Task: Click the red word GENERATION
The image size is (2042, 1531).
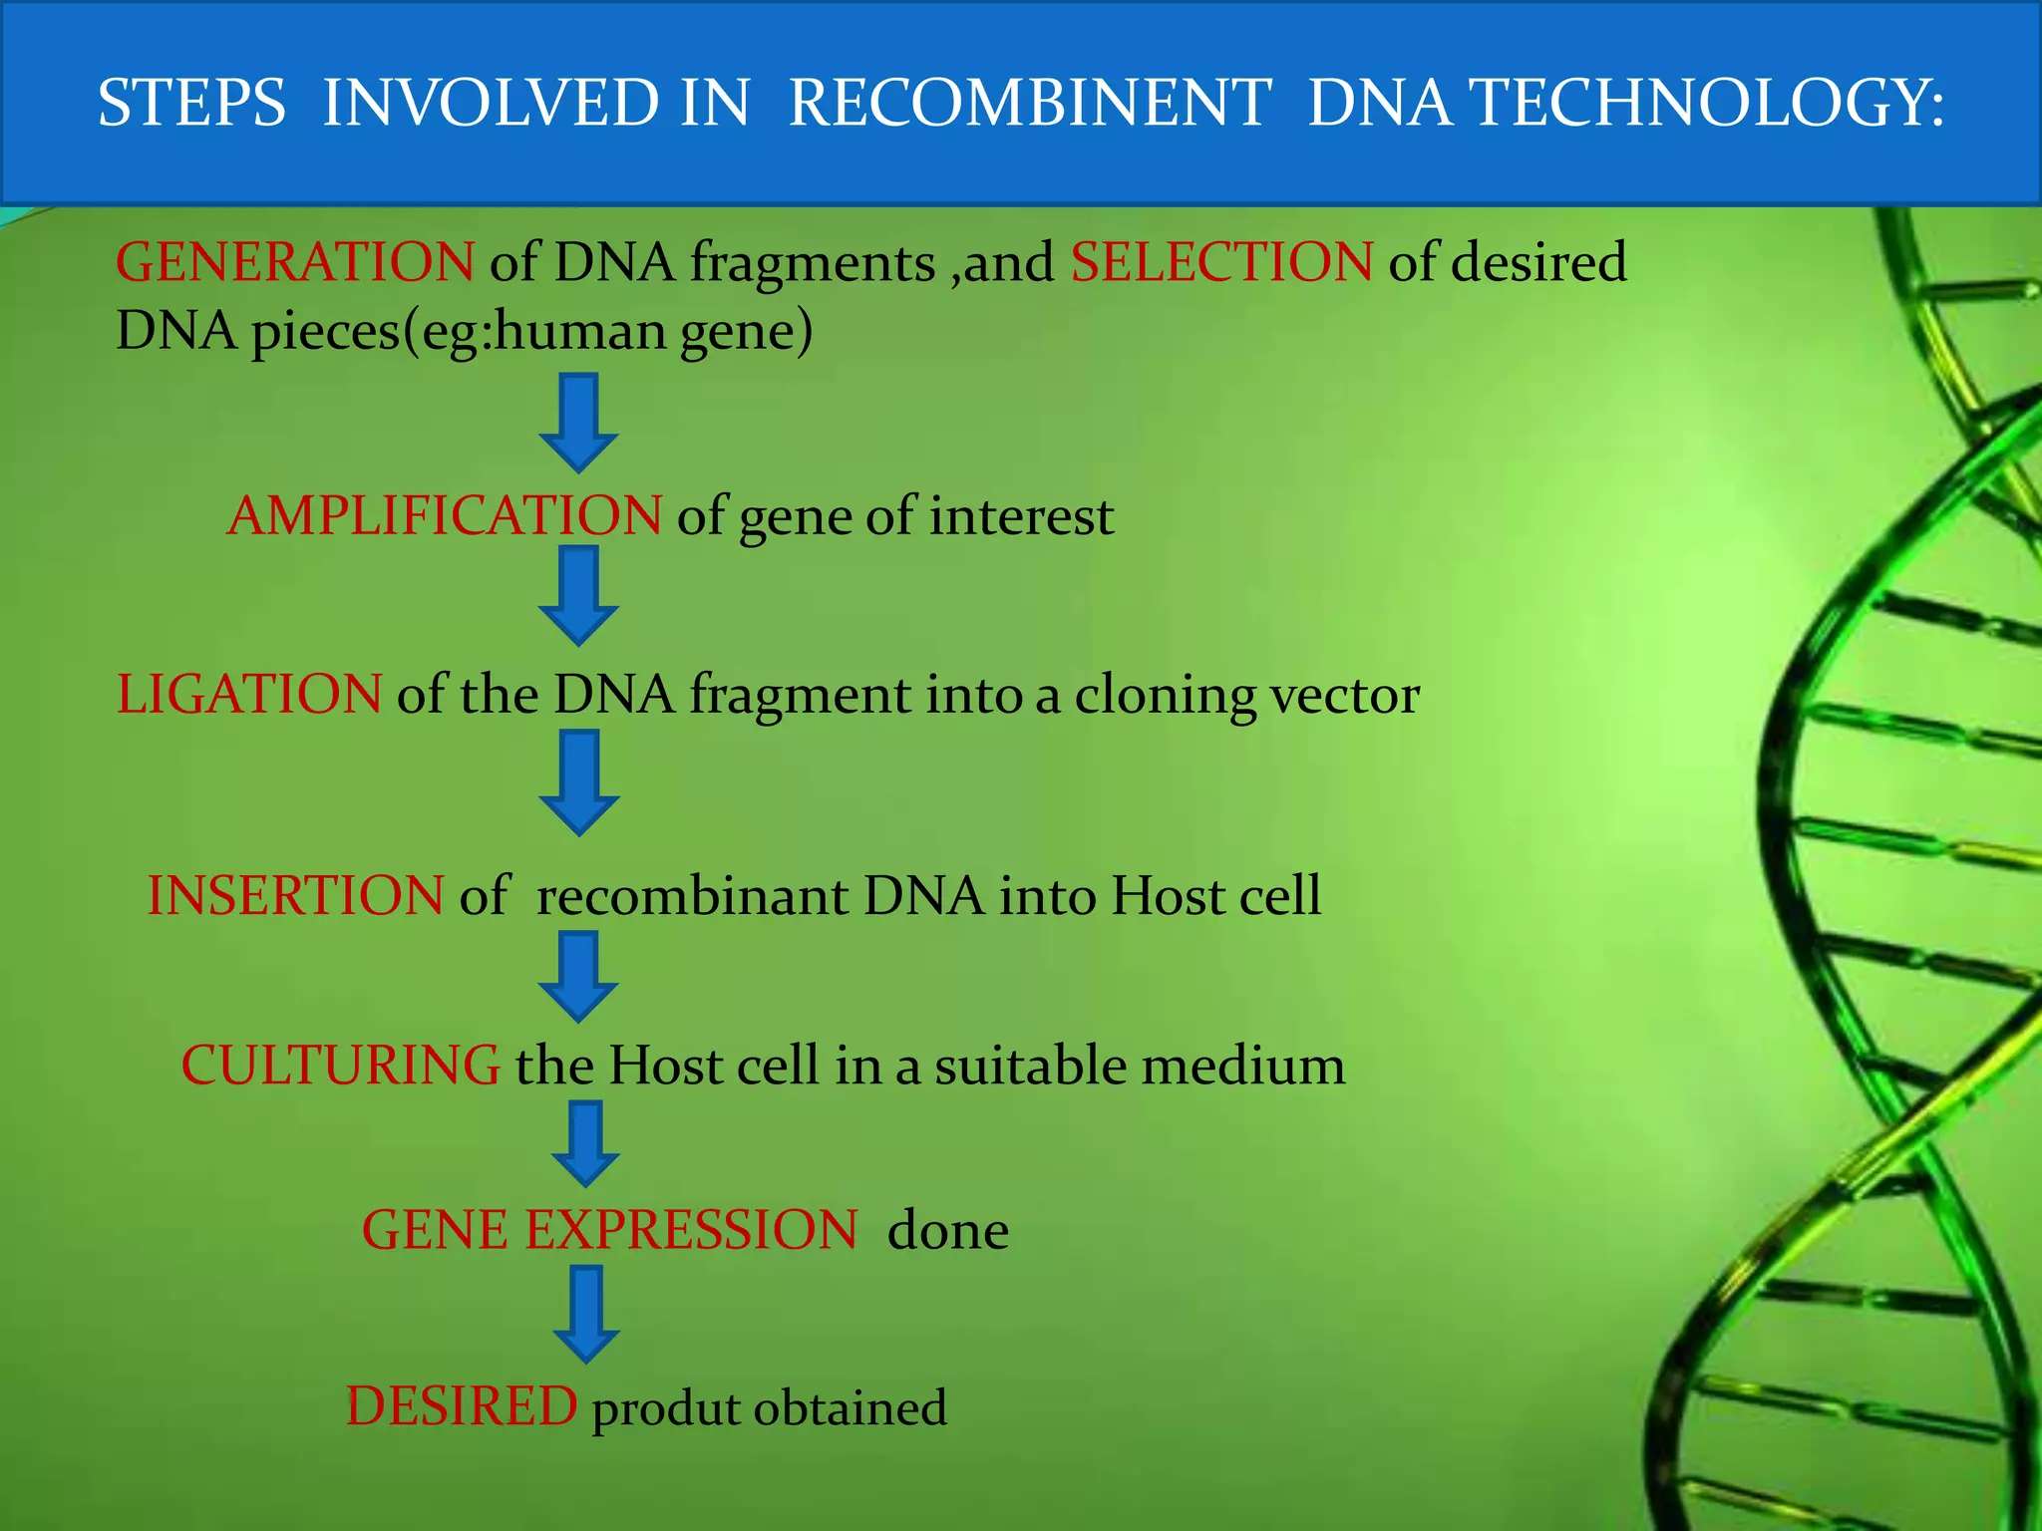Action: click(294, 262)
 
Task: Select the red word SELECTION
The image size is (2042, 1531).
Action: click(1221, 262)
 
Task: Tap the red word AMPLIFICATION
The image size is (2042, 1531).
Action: click(444, 515)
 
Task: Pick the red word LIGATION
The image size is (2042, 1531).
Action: click(248, 694)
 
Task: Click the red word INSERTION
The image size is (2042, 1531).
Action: click(295, 895)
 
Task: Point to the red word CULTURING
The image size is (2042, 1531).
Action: click(340, 1065)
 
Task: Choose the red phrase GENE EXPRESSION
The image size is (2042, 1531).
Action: click(608, 1230)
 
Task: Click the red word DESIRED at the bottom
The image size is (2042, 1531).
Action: click(461, 1406)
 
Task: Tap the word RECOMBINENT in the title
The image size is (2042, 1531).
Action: click(1029, 103)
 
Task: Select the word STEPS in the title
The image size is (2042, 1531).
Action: click(191, 103)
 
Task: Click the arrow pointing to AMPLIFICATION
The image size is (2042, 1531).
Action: click(578, 423)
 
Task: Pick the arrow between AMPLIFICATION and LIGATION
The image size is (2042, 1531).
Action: click(578, 595)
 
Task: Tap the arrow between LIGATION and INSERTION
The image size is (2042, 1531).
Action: click(578, 782)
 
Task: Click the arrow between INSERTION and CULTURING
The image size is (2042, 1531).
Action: click(578, 977)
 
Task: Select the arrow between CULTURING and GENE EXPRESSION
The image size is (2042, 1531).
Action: click(585, 1143)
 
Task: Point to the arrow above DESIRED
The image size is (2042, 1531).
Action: click(585, 1314)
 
